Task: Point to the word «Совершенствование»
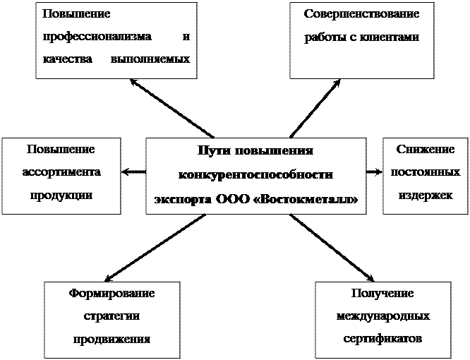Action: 361,14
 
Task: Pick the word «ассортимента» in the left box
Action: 61,172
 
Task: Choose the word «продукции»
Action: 61,194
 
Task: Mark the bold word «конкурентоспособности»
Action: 256,174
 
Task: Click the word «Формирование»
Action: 112,293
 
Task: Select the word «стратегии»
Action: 112,316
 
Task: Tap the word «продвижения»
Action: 112,338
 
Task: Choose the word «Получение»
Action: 383,293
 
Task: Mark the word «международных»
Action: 383,316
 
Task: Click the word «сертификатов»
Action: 383,338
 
